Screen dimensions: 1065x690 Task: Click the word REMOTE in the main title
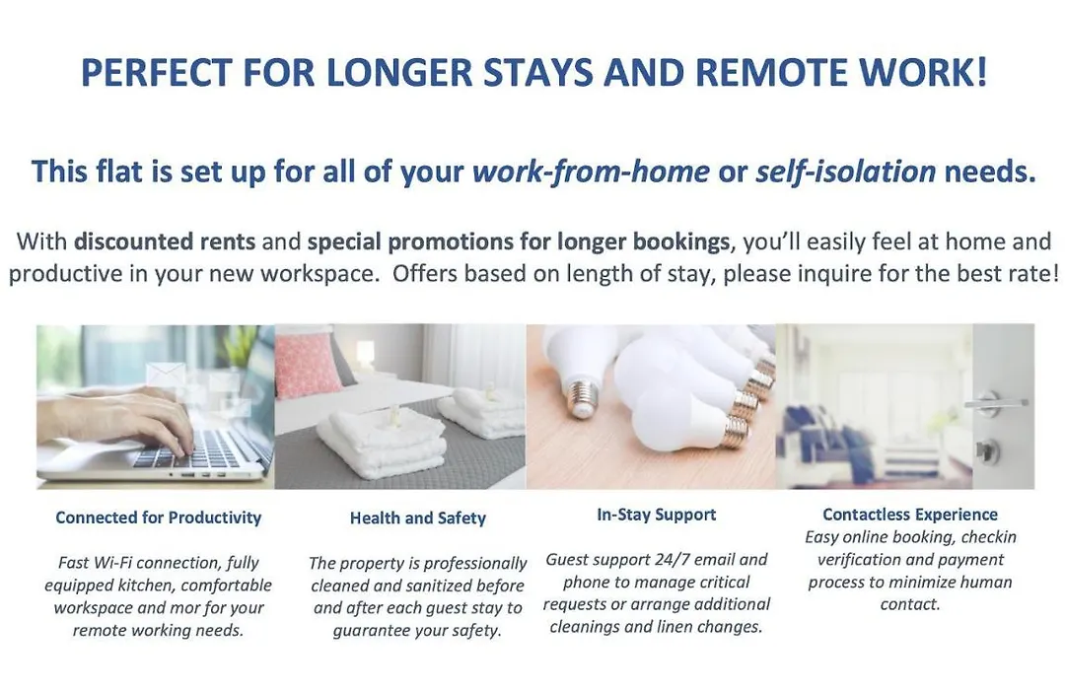tap(771, 73)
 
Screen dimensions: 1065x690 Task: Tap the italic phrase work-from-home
tap(591, 172)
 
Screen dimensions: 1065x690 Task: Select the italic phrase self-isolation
tap(846, 172)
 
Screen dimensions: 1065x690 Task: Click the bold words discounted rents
tap(165, 241)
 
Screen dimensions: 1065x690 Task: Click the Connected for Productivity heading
tap(158, 517)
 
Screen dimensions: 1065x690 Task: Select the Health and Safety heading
tap(418, 518)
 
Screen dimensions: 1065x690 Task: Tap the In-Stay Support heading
tap(656, 515)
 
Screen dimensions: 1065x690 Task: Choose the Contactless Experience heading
tap(910, 515)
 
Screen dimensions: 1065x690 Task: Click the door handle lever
tap(995, 403)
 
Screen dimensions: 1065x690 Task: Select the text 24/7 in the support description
tap(672, 560)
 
